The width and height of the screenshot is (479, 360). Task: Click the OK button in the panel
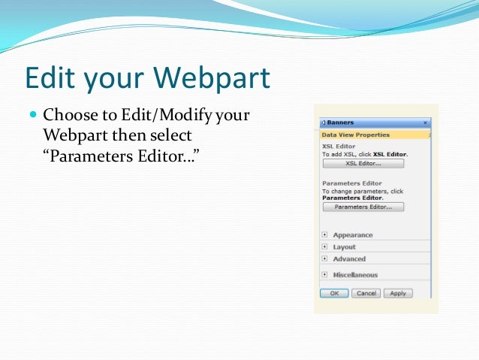(334, 293)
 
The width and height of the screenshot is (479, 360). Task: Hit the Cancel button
(366, 293)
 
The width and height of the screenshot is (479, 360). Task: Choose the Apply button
(398, 293)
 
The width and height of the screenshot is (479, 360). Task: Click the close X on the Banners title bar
(425, 123)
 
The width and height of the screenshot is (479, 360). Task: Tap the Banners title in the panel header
(340, 123)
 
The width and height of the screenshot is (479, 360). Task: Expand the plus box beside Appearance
(324, 235)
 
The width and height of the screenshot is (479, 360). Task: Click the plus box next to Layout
(324, 247)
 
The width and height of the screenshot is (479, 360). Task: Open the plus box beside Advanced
(324, 259)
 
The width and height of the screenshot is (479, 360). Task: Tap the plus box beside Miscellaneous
(324, 274)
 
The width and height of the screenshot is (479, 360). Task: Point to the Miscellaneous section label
(355, 275)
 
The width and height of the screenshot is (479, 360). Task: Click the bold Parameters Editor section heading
(351, 183)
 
